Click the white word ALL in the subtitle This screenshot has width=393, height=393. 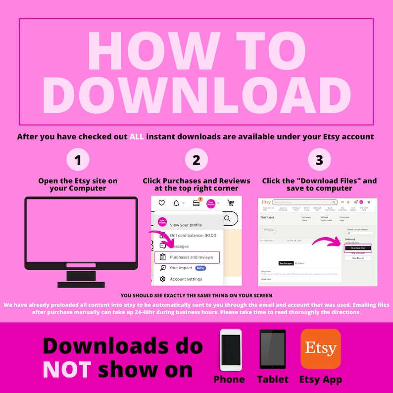click(x=137, y=136)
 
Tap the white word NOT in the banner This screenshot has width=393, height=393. click(x=67, y=369)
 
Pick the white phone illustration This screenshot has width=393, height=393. click(x=231, y=350)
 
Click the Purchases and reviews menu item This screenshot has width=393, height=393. click(x=191, y=257)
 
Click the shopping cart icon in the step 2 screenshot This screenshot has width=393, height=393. click(x=231, y=203)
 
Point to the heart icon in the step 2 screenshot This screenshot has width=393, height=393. click(x=161, y=203)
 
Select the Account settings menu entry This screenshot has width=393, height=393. click(x=186, y=279)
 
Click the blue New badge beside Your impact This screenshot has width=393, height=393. click(x=200, y=268)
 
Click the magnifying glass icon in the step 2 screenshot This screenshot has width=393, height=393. click(x=227, y=218)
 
